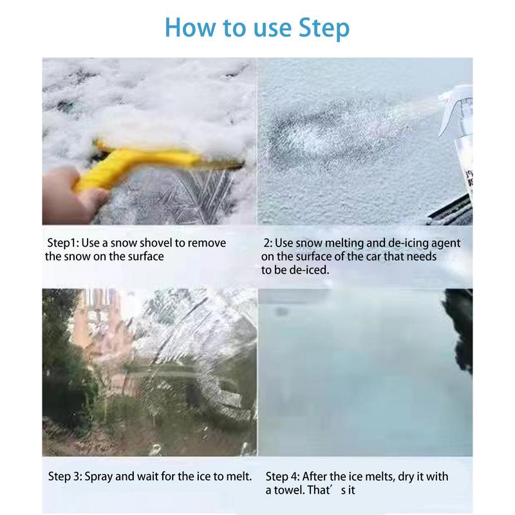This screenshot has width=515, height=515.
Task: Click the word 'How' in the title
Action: [x=190, y=27]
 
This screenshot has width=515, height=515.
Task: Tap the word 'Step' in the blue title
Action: [x=324, y=29]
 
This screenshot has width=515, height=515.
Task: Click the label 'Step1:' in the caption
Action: [x=62, y=243]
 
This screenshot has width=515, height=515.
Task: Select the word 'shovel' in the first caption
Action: [x=156, y=243]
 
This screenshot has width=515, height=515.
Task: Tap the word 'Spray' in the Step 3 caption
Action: [x=98, y=477]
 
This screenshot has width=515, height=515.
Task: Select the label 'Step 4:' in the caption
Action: [x=283, y=476]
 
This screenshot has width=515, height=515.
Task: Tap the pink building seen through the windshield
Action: [x=98, y=328]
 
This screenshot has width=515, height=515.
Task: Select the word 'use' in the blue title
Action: [x=272, y=30]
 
